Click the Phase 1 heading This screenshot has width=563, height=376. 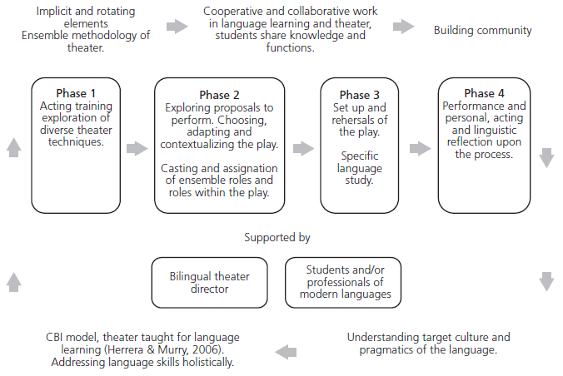[x=76, y=93]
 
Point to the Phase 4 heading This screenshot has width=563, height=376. [x=483, y=93]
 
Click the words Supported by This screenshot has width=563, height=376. [x=277, y=237]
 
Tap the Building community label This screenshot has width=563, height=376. [x=482, y=30]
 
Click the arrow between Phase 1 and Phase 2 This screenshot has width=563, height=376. [x=136, y=148]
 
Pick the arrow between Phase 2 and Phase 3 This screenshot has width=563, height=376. [x=303, y=148]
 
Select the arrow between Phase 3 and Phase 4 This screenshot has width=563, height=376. [x=421, y=148]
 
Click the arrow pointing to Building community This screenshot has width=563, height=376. [x=404, y=27]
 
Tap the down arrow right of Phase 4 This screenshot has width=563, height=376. [x=546, y=156]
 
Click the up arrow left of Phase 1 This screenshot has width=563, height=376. [x=12, y=147]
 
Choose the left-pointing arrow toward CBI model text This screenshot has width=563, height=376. [x=285, y=350]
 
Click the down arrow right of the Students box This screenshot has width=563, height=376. [x=546, y=281]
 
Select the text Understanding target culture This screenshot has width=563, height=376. [x=428, y=337]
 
